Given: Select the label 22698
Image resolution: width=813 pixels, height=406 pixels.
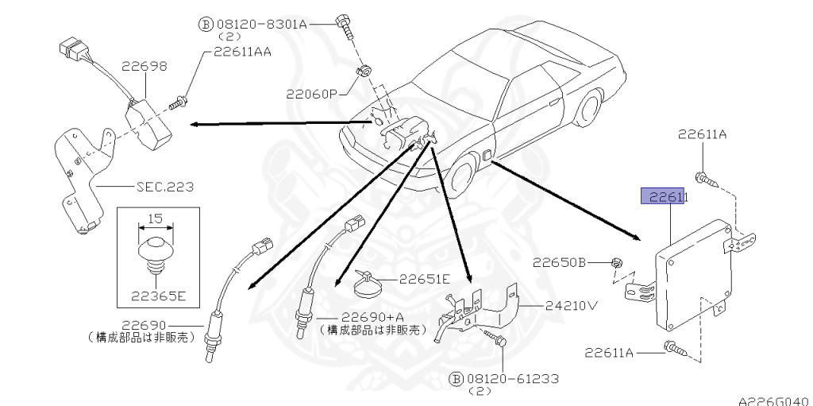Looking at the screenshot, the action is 144,68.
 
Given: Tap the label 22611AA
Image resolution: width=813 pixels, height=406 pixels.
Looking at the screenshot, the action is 242,52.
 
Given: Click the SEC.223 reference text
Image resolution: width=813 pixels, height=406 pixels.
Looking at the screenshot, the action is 166,188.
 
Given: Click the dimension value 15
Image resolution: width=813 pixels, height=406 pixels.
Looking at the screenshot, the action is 156,218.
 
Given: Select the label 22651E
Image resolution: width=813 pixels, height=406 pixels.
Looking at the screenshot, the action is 424,279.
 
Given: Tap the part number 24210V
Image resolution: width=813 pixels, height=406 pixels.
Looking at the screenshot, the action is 572,304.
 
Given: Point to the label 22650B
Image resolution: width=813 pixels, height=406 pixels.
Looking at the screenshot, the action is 559,261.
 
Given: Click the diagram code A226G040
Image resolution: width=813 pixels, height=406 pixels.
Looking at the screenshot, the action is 773,400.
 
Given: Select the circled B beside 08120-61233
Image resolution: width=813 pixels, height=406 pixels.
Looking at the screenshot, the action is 456,379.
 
